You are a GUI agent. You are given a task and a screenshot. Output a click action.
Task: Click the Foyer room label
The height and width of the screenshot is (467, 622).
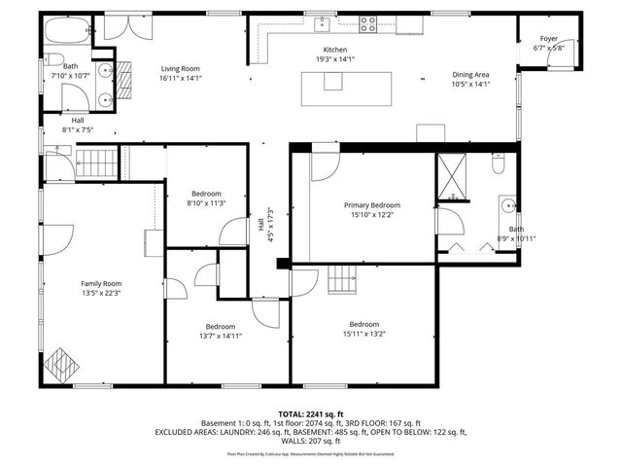click(549, 39)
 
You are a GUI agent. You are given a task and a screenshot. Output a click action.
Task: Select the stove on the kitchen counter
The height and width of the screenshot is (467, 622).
click(368, 24)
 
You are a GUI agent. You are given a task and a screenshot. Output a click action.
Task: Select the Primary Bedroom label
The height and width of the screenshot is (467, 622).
click(371, 205)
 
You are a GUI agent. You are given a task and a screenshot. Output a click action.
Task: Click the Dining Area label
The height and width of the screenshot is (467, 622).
click(470, 74)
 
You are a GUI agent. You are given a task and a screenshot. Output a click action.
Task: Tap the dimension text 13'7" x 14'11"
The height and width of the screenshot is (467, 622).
click(220, 336)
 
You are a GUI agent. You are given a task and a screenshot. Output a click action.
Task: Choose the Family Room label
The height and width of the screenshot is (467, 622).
click(99, 283)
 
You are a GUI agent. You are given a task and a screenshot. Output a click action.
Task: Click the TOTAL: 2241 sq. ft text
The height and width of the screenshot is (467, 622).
click(310, 413)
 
